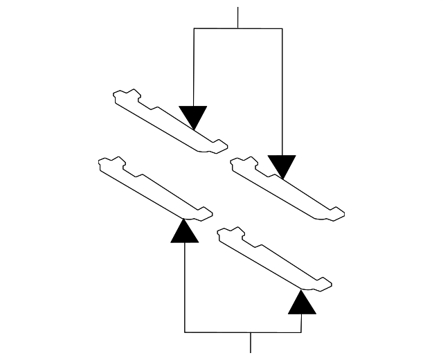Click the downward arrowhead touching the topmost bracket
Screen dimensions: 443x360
coord(193,116)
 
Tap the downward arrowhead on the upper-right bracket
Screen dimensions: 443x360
coord(282,165)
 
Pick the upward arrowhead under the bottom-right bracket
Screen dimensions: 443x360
coord(301,302)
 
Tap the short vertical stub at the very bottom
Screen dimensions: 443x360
coord(251,342)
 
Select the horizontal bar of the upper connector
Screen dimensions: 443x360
coord(238,28)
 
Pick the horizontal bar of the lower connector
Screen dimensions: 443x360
coord(242,332)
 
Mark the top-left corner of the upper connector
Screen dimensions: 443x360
coord(194,28)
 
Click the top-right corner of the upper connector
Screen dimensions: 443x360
coord(282,28)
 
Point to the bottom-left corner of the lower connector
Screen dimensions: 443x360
coord(185,332)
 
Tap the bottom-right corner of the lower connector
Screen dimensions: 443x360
coord(301,332)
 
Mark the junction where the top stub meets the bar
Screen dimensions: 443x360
coord(238,28)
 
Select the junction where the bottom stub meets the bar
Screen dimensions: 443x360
coord(251,332)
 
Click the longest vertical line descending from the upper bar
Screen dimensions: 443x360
coord(282,90)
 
